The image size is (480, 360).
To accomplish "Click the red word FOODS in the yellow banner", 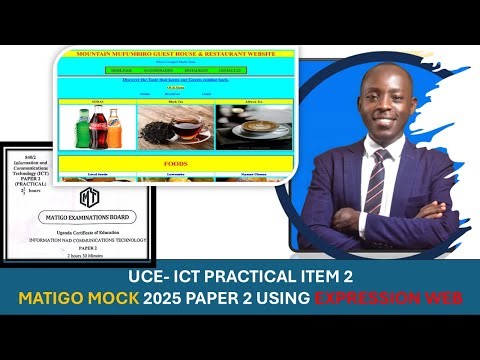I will pos(176,162).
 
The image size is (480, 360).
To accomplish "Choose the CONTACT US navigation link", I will pos(231,70).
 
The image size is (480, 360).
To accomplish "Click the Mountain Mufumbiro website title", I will pos(176,53).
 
